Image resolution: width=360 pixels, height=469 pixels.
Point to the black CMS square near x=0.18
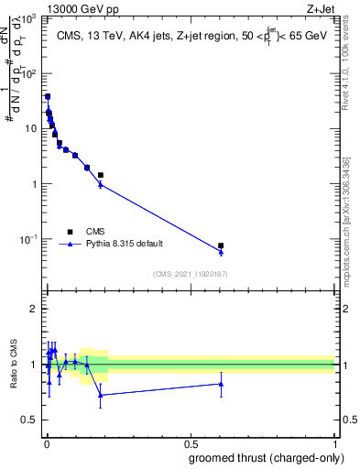pyautogui.click(x=100, y=175)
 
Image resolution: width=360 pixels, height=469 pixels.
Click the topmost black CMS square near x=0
pyautogui.click(x=48, y=96)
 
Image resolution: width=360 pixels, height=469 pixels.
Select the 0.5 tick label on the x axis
pyautogui.click(x=190, y=443)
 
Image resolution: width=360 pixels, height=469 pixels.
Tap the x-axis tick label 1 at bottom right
pyautogui.click(x=334, y=443)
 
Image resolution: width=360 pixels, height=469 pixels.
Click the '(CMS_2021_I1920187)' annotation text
pyautogui.click(x=191, y=274)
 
